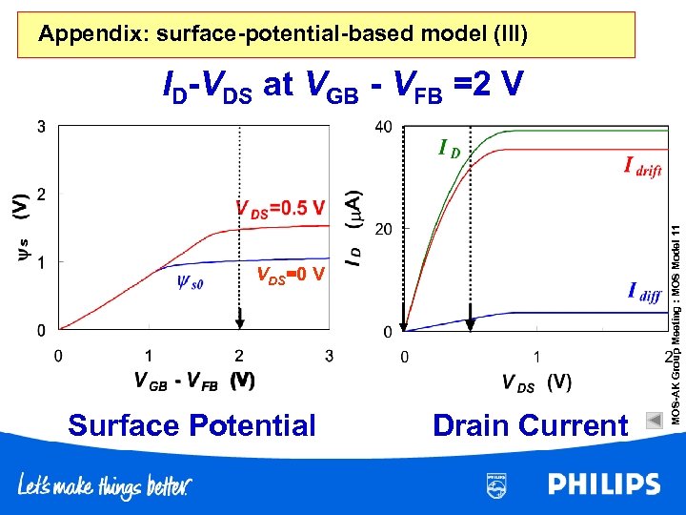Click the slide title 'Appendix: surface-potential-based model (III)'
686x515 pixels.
point(282,35)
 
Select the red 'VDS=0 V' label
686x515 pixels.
point(292,276)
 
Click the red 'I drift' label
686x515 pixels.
point(642,168)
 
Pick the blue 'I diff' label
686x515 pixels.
point(644,293)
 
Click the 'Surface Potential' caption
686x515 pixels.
point(192,425)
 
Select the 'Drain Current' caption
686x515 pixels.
point(530,425)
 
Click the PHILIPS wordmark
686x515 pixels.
point(604,484)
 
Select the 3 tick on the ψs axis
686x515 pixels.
point(41,127)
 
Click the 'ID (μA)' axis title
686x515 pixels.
point(353,227)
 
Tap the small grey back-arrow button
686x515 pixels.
point(653,419)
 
